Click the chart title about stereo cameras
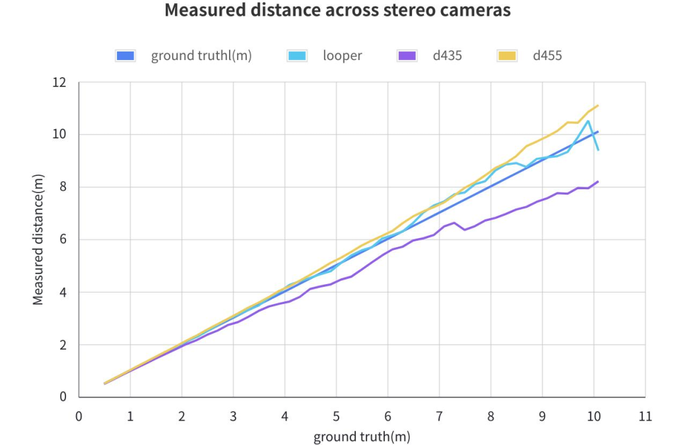pyautogui.click(x=337, y=11)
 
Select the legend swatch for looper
pyautogui.click(x=297, y=56)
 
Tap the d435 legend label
pyautogui.click(x=447, y=56)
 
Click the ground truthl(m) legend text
pyautogui.click(x=201, y=56)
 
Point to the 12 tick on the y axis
pyautogui.click(x=61, y=82)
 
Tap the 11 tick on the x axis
pyautogui.click(x=645, y=417)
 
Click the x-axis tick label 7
pyautogui.click(x=439, y=417)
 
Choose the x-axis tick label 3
pyautogui.click(x=233, y=417)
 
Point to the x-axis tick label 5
pyautogui.click(x=336, y=417)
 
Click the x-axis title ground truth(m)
pyautogui.click(x=362, y=436)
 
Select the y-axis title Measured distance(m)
pyautogui.click(x=38, y=239)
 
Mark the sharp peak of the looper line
pyautogui.click(x=588, y=121)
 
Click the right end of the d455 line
pyautogui.click(x=598, y=105)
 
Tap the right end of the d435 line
pyautogui.click(x=598, y=181)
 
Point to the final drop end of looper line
pyautogui.click(x=598, y=150)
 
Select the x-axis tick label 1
pyautogui.click(x=130, y=417)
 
